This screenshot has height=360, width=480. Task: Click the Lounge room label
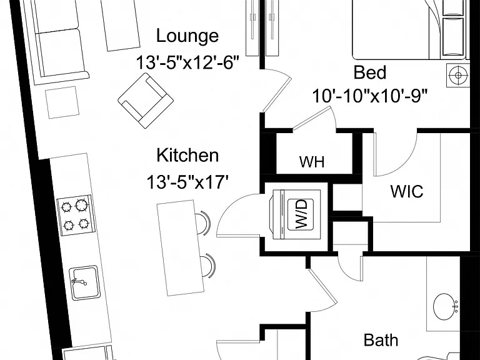point(187,36)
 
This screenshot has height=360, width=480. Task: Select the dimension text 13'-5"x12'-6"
point(187,62)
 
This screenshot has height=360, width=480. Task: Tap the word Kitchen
point(187,155)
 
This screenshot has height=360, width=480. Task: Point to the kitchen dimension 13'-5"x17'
point(187,182)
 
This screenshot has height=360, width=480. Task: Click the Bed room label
point(369,72)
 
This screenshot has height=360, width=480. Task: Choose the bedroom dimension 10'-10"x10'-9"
point(369,96)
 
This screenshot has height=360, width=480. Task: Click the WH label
point(312,161)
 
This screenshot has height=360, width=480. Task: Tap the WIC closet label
point(407,191)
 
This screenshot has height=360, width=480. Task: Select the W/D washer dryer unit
point(296,214)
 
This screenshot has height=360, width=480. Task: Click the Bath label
point(381,340)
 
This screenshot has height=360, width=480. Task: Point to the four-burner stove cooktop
point(74,215)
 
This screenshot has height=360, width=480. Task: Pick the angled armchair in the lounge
point(146,101)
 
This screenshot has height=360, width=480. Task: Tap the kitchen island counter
point(181,248)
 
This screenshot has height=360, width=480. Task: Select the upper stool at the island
point(203,222)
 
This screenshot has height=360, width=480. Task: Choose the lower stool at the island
point(207,266)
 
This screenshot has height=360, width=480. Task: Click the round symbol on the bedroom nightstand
point(457,75)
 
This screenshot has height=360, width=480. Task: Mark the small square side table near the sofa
point(62,102)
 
